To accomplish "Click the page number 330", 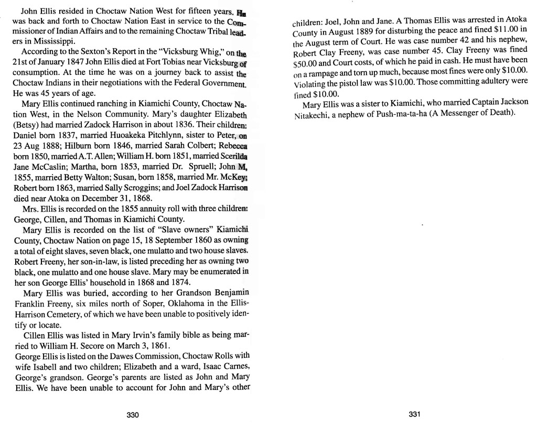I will click(133, 415).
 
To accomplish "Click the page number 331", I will click(415, 414).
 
